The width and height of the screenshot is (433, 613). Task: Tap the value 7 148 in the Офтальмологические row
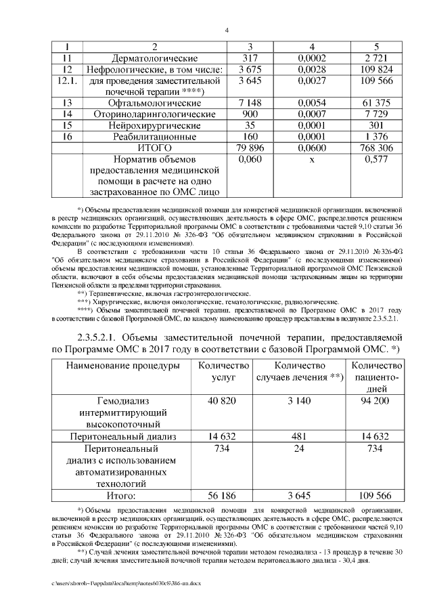(250, 102)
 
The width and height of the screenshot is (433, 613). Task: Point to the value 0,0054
(312, 102)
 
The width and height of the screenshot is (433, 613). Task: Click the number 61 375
(377, 102)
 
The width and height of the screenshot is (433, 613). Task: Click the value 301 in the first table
(377, 125)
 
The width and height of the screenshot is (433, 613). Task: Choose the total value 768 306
(377, 148)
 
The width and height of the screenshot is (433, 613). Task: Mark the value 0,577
(377, 159)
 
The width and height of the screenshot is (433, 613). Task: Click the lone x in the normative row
(312, 159)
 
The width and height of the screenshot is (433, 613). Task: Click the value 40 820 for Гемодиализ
(222, 401)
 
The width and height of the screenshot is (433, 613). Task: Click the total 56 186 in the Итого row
(222, 496)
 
